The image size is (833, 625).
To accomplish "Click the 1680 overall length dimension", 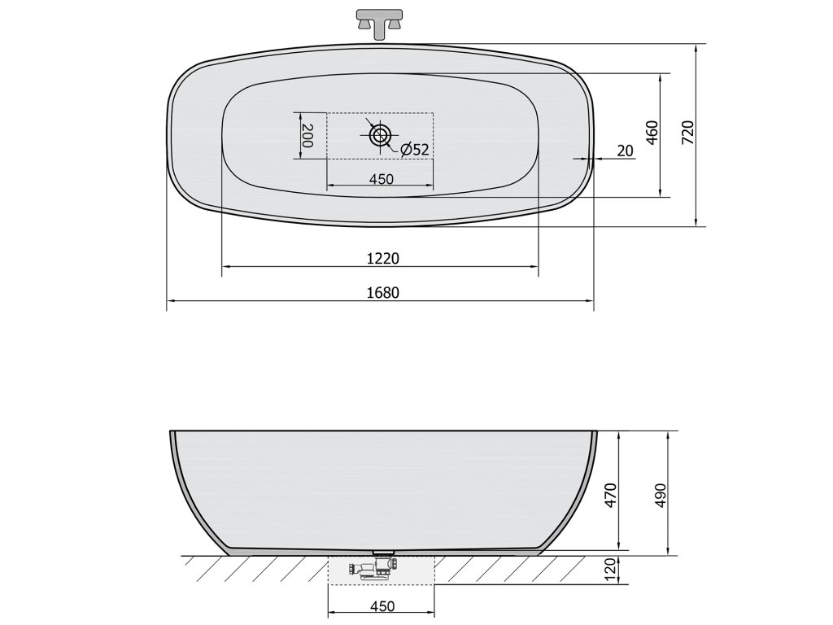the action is (382, 292).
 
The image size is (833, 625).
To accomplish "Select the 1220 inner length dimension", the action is (382, 258).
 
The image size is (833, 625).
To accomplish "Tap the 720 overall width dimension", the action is (687, 133).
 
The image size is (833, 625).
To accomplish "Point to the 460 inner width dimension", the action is (652, 133).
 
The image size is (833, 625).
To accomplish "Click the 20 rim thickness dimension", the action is (626, 151).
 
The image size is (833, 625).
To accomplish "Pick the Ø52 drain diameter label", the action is (414, 150).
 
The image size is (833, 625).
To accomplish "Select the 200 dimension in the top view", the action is (307, 136).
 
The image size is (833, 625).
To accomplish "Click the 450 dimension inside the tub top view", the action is (382, 179).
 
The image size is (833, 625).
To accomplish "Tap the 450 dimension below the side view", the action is (382, 606).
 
